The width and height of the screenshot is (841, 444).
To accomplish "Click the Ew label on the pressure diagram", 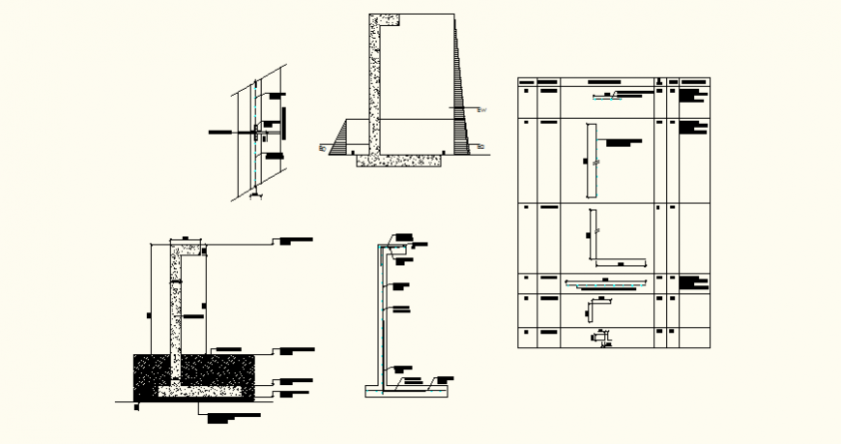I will [482, 110].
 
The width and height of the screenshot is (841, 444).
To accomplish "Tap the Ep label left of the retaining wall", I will [322, 147].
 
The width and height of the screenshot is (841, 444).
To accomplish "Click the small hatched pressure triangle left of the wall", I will [340, 138].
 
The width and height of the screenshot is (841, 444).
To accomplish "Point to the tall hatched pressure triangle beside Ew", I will [461, 106].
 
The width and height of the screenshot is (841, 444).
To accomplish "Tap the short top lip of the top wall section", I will [385, 19].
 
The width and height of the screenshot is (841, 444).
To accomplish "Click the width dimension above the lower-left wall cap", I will [183, 239].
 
